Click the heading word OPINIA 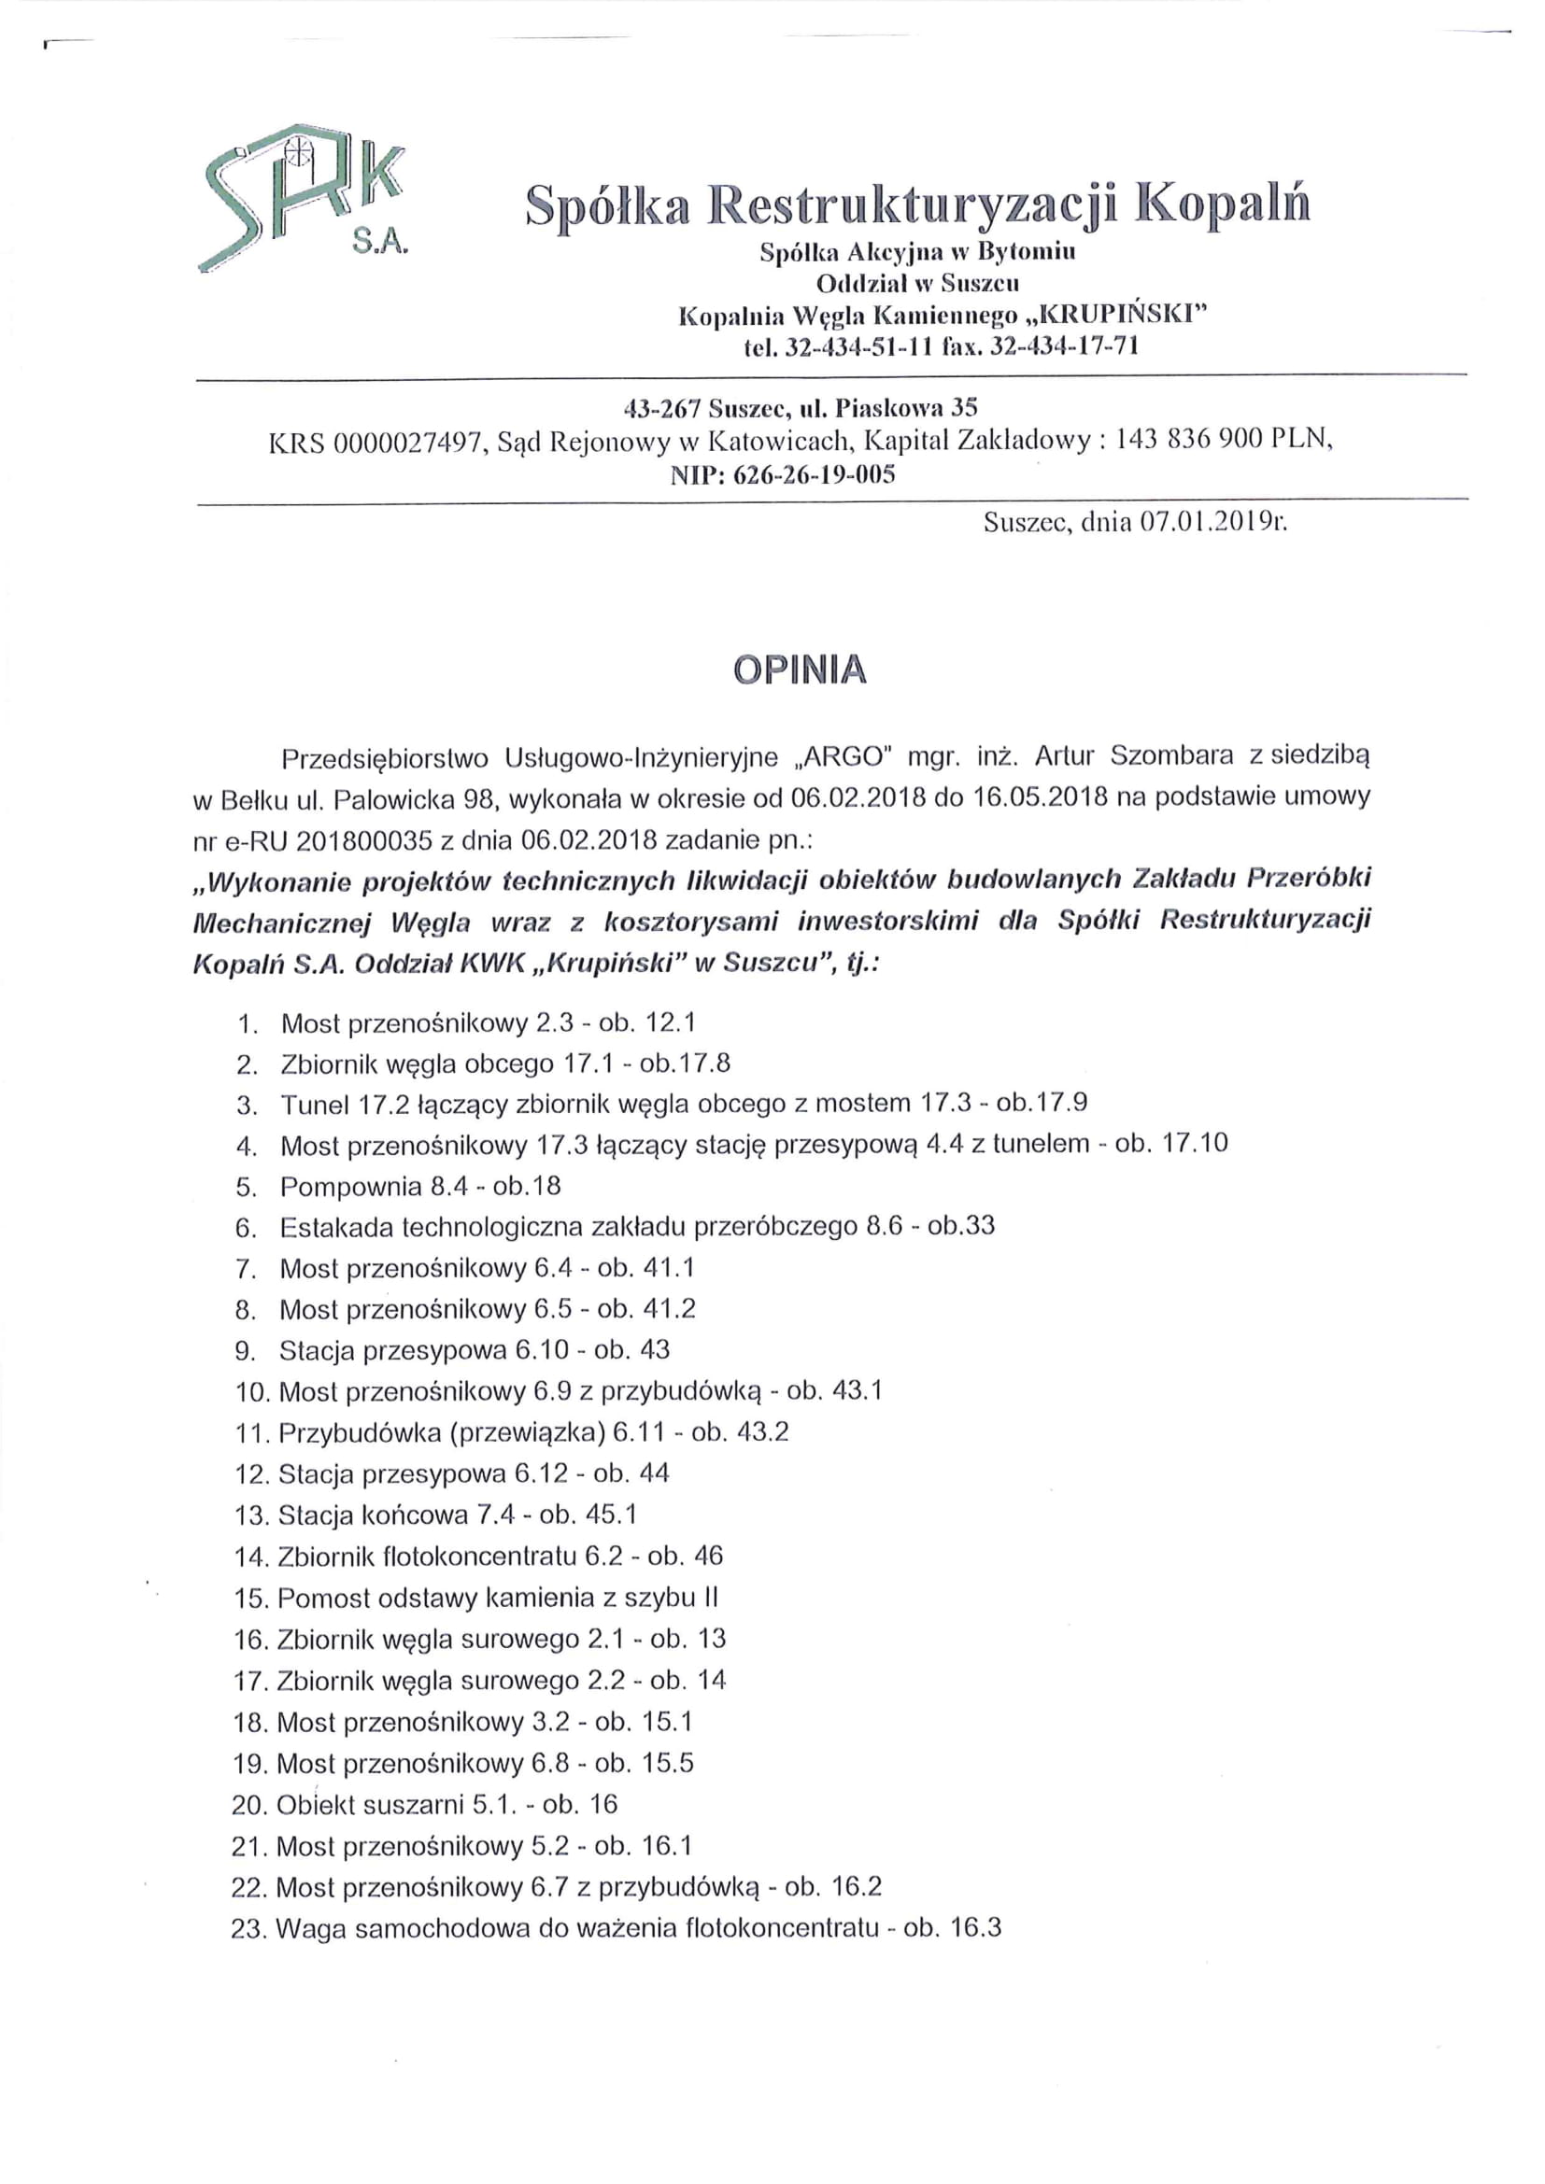(x=800, y=670)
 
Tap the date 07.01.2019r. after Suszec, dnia (x=1213, y=521)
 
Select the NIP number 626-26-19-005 (x=815, y=474)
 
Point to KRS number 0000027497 (x=404, y=442)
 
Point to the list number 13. (x=251, y=1515)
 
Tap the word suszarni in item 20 (x=412, y=1804)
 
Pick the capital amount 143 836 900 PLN (x=1223, y=441)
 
